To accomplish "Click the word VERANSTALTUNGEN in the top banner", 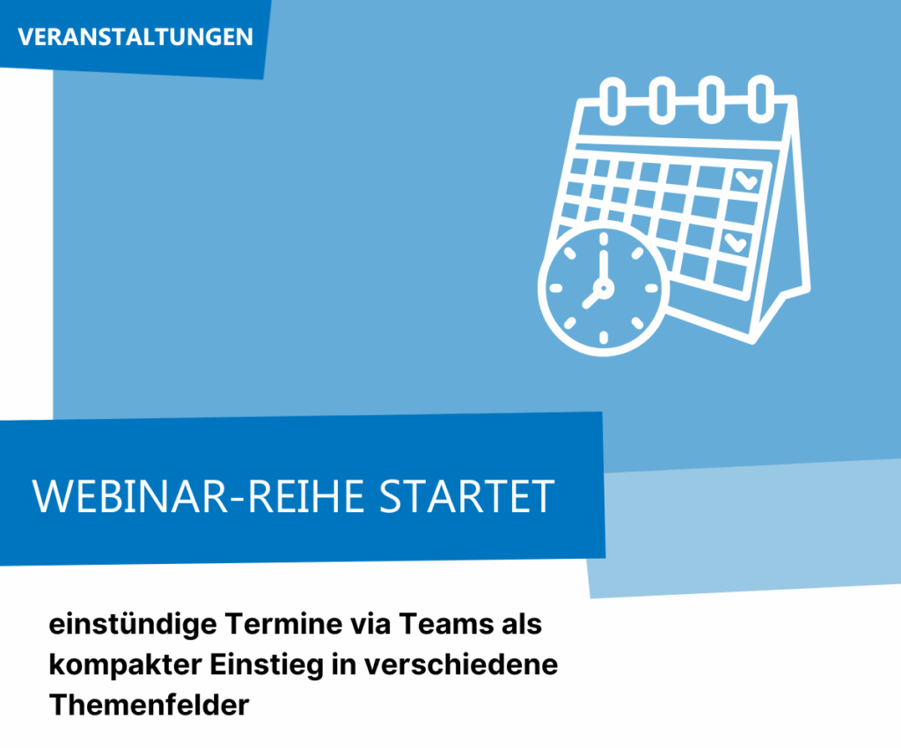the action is (135, 37).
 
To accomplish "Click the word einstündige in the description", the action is (133, 625).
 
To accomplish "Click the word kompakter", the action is (125, 665).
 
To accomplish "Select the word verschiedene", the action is (461, 664).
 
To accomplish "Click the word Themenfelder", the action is (150, 705).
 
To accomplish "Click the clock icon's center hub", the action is (604, 288).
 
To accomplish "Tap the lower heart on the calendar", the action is (735, 243).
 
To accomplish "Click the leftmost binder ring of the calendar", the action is (612, 100).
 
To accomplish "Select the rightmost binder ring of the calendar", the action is (762, 99).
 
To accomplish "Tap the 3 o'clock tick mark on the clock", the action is (652, 289).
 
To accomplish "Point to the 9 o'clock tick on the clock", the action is (556, 289).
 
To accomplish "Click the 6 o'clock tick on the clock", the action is (604, 337).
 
